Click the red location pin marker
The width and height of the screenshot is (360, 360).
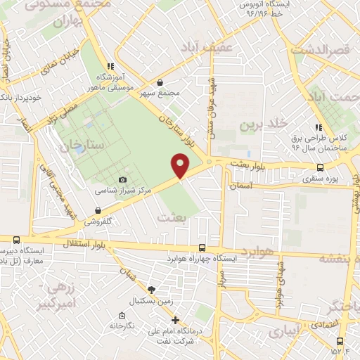pyautogui.click(x=181, y=166)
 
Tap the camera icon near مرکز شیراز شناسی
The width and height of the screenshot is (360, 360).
pyautogui.click(x=124, y=181)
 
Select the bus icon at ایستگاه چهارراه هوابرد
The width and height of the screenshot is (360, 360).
pyautogui.click(x=202, y=248)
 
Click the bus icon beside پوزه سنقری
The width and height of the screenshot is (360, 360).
pyautogui.click(x=321, y=167)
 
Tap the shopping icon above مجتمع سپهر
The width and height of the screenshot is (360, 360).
pyautogui.click(x=160, y=83)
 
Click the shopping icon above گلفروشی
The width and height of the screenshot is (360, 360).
pyautogui.click(x=98, y=210)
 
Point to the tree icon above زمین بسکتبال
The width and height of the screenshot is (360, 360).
pyautogui.click(x=150, y=290)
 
